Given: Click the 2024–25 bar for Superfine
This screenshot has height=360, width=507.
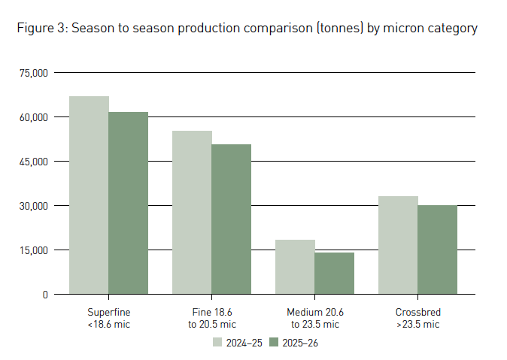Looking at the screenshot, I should pyautogui.click(x=89, y=195).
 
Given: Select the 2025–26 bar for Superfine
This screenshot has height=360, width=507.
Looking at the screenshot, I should pyautogui.click(x=128, y=203).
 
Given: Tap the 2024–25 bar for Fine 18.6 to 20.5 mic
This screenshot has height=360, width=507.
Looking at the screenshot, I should pyautogui.click(x=192, y=213).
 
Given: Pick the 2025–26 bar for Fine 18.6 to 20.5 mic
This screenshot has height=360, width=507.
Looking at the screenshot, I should pyautogui.click(x=231, y=219).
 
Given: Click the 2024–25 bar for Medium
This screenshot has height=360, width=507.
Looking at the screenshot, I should pyautogui.click(x=295, y=267).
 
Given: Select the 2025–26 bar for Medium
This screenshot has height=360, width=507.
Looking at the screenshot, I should pyautogui.click(x=334, y=273).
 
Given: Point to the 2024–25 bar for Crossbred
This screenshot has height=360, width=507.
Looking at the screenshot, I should pyautogui.click(x=398, y=245).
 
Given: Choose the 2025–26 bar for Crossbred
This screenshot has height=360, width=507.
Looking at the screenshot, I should pyautogui.click(x=437, y=250).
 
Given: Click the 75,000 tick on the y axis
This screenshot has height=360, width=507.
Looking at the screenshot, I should pyautogui.click(x=34, y=73).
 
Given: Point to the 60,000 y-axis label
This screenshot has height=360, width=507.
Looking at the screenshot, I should pyautogui.click(x=34, y=117).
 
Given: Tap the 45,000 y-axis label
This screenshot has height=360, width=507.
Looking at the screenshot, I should pyautogui.click(x=34, y=162).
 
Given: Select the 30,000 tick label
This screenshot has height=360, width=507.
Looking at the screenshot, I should pyautogui.click(x=34, y=206).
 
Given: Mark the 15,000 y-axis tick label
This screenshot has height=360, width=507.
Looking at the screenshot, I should pyautogui.click(x=34, y=250).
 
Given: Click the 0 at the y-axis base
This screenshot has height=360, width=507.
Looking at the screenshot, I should pyautogui.click(x=45, y=295).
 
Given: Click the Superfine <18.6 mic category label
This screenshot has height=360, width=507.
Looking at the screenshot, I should pyautogui.click(x=108, y=318).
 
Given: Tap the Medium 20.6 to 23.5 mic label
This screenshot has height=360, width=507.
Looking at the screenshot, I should pyautogui.click(x=314, y=318).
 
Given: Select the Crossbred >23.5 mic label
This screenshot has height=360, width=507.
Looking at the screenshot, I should pyautogui.click(x=417, y=318).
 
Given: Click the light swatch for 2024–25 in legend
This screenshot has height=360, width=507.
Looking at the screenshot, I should pyautogui.click(x=217, y=343).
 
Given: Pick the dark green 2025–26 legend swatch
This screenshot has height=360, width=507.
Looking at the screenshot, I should pyautogui.click(x=275, y=343).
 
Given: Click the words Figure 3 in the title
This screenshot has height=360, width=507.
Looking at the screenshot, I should pyautogui.click(x=41, y=29).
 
